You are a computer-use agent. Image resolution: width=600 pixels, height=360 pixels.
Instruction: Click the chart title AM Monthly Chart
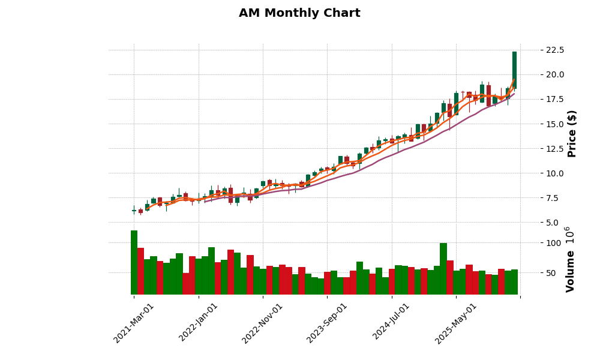[299, 13]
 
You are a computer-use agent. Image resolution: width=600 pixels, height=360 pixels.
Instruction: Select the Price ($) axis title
[572, 133]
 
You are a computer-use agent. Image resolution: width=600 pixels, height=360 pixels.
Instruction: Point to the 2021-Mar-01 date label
[134, 323]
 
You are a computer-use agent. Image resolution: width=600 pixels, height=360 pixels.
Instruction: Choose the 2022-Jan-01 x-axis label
[199, 323]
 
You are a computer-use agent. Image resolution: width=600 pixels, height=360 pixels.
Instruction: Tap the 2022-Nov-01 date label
[262, 323]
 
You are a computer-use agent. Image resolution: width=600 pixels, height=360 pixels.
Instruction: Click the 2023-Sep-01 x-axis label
[327, 323]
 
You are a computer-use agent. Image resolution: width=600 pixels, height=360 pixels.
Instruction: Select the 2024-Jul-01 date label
[391, 323]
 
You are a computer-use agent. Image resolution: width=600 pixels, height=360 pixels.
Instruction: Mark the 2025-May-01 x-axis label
[455, 323]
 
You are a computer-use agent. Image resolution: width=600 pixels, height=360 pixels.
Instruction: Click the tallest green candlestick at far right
[514, 70]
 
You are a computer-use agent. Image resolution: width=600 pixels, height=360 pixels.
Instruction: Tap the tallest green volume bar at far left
[134, 262]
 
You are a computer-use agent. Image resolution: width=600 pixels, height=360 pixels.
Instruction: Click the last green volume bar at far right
[514, 282]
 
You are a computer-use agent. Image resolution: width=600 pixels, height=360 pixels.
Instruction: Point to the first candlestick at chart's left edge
[134, 211]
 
